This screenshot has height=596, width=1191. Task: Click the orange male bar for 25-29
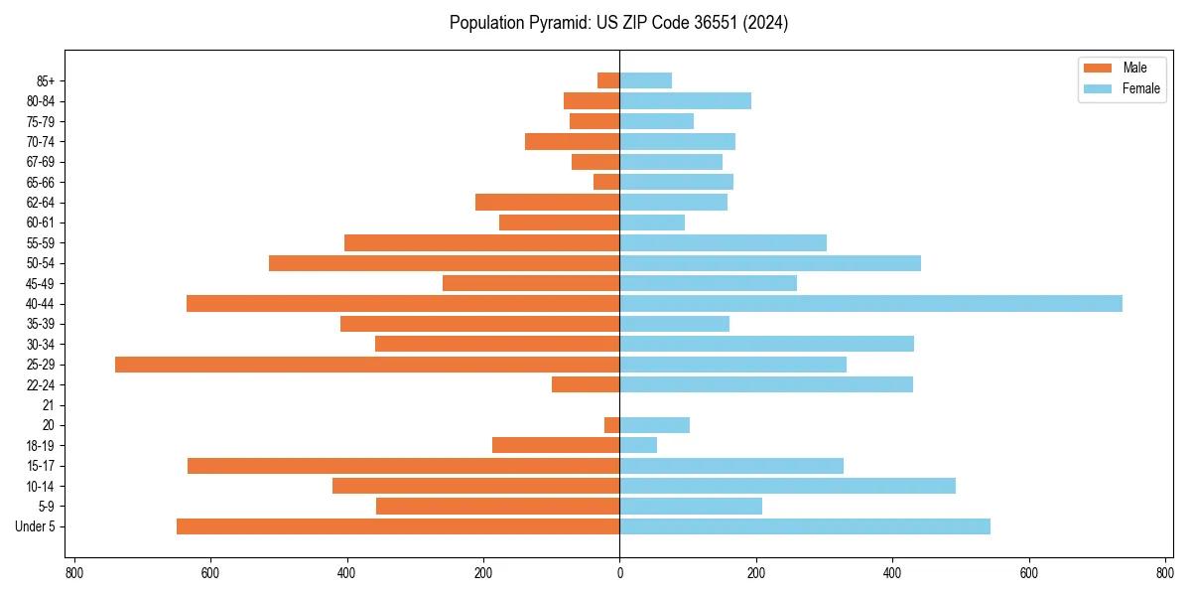click(x=367, y=365)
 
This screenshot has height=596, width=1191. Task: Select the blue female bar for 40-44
click(x=870, y=304)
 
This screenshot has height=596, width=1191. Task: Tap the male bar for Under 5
click(x=398, y=526)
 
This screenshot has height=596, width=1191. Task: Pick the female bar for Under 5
click(x=805, y=526)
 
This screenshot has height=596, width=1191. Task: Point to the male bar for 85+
click(x=608, y=80)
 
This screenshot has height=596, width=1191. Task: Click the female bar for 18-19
click(x=638, y=445)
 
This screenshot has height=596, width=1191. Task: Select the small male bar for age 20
click(x=612, y=425)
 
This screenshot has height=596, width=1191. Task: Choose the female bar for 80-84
click(x=685, y=101)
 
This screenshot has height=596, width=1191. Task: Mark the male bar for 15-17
click(x=403, y=466)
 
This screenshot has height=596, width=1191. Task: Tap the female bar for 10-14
click(x=787, y=486)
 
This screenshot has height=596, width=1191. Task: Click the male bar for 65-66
click(x=606, y=182)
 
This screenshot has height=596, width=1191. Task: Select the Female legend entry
click(x=1123, y=88)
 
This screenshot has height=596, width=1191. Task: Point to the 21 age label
click(x=49, y=405)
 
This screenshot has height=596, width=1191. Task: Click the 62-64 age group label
click(x=41, y=203)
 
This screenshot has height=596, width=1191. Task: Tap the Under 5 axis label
click(x=36, y=526)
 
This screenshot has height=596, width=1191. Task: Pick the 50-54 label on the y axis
click(x=41, y=263)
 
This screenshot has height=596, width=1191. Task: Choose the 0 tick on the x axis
click(x=619, y=573)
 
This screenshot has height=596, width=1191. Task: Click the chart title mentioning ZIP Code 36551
click(x=618, y=23)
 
